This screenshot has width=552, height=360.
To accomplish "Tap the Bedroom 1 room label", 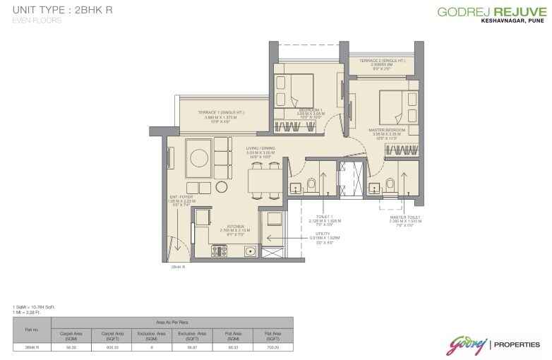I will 310,114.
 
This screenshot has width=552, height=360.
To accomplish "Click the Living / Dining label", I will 260,152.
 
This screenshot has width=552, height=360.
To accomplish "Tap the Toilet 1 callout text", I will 325,221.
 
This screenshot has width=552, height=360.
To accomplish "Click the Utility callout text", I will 325,238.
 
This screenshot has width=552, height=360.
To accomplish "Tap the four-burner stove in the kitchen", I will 219,250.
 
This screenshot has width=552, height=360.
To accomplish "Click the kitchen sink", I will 249,251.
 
